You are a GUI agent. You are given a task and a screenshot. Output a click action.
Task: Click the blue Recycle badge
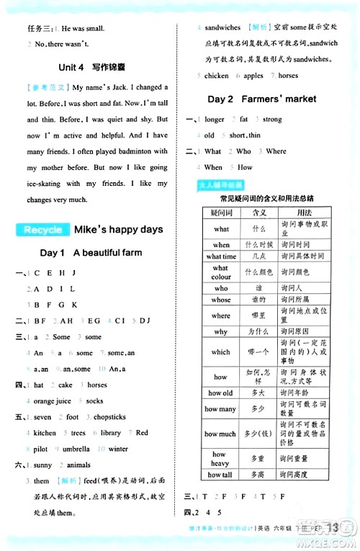(x=42, y=230)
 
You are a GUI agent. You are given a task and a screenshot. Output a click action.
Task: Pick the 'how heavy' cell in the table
(x=220, y=458)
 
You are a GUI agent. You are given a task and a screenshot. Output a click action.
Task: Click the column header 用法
(x=304, y=212)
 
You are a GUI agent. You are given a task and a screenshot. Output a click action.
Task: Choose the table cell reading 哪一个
(x=259, y=351)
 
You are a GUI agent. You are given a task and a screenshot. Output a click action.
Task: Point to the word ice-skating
(x=45, y=184)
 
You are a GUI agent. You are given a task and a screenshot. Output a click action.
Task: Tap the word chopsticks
(x=109, y=417)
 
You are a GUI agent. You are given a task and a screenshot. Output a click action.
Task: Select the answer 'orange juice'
(x=52, y=401)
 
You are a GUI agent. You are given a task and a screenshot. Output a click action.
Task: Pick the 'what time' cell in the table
(x=220, y=256)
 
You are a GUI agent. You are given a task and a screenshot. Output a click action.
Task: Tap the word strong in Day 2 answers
(x=272, y=120)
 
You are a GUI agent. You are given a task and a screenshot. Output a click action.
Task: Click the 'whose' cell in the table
(x=220, y=300)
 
